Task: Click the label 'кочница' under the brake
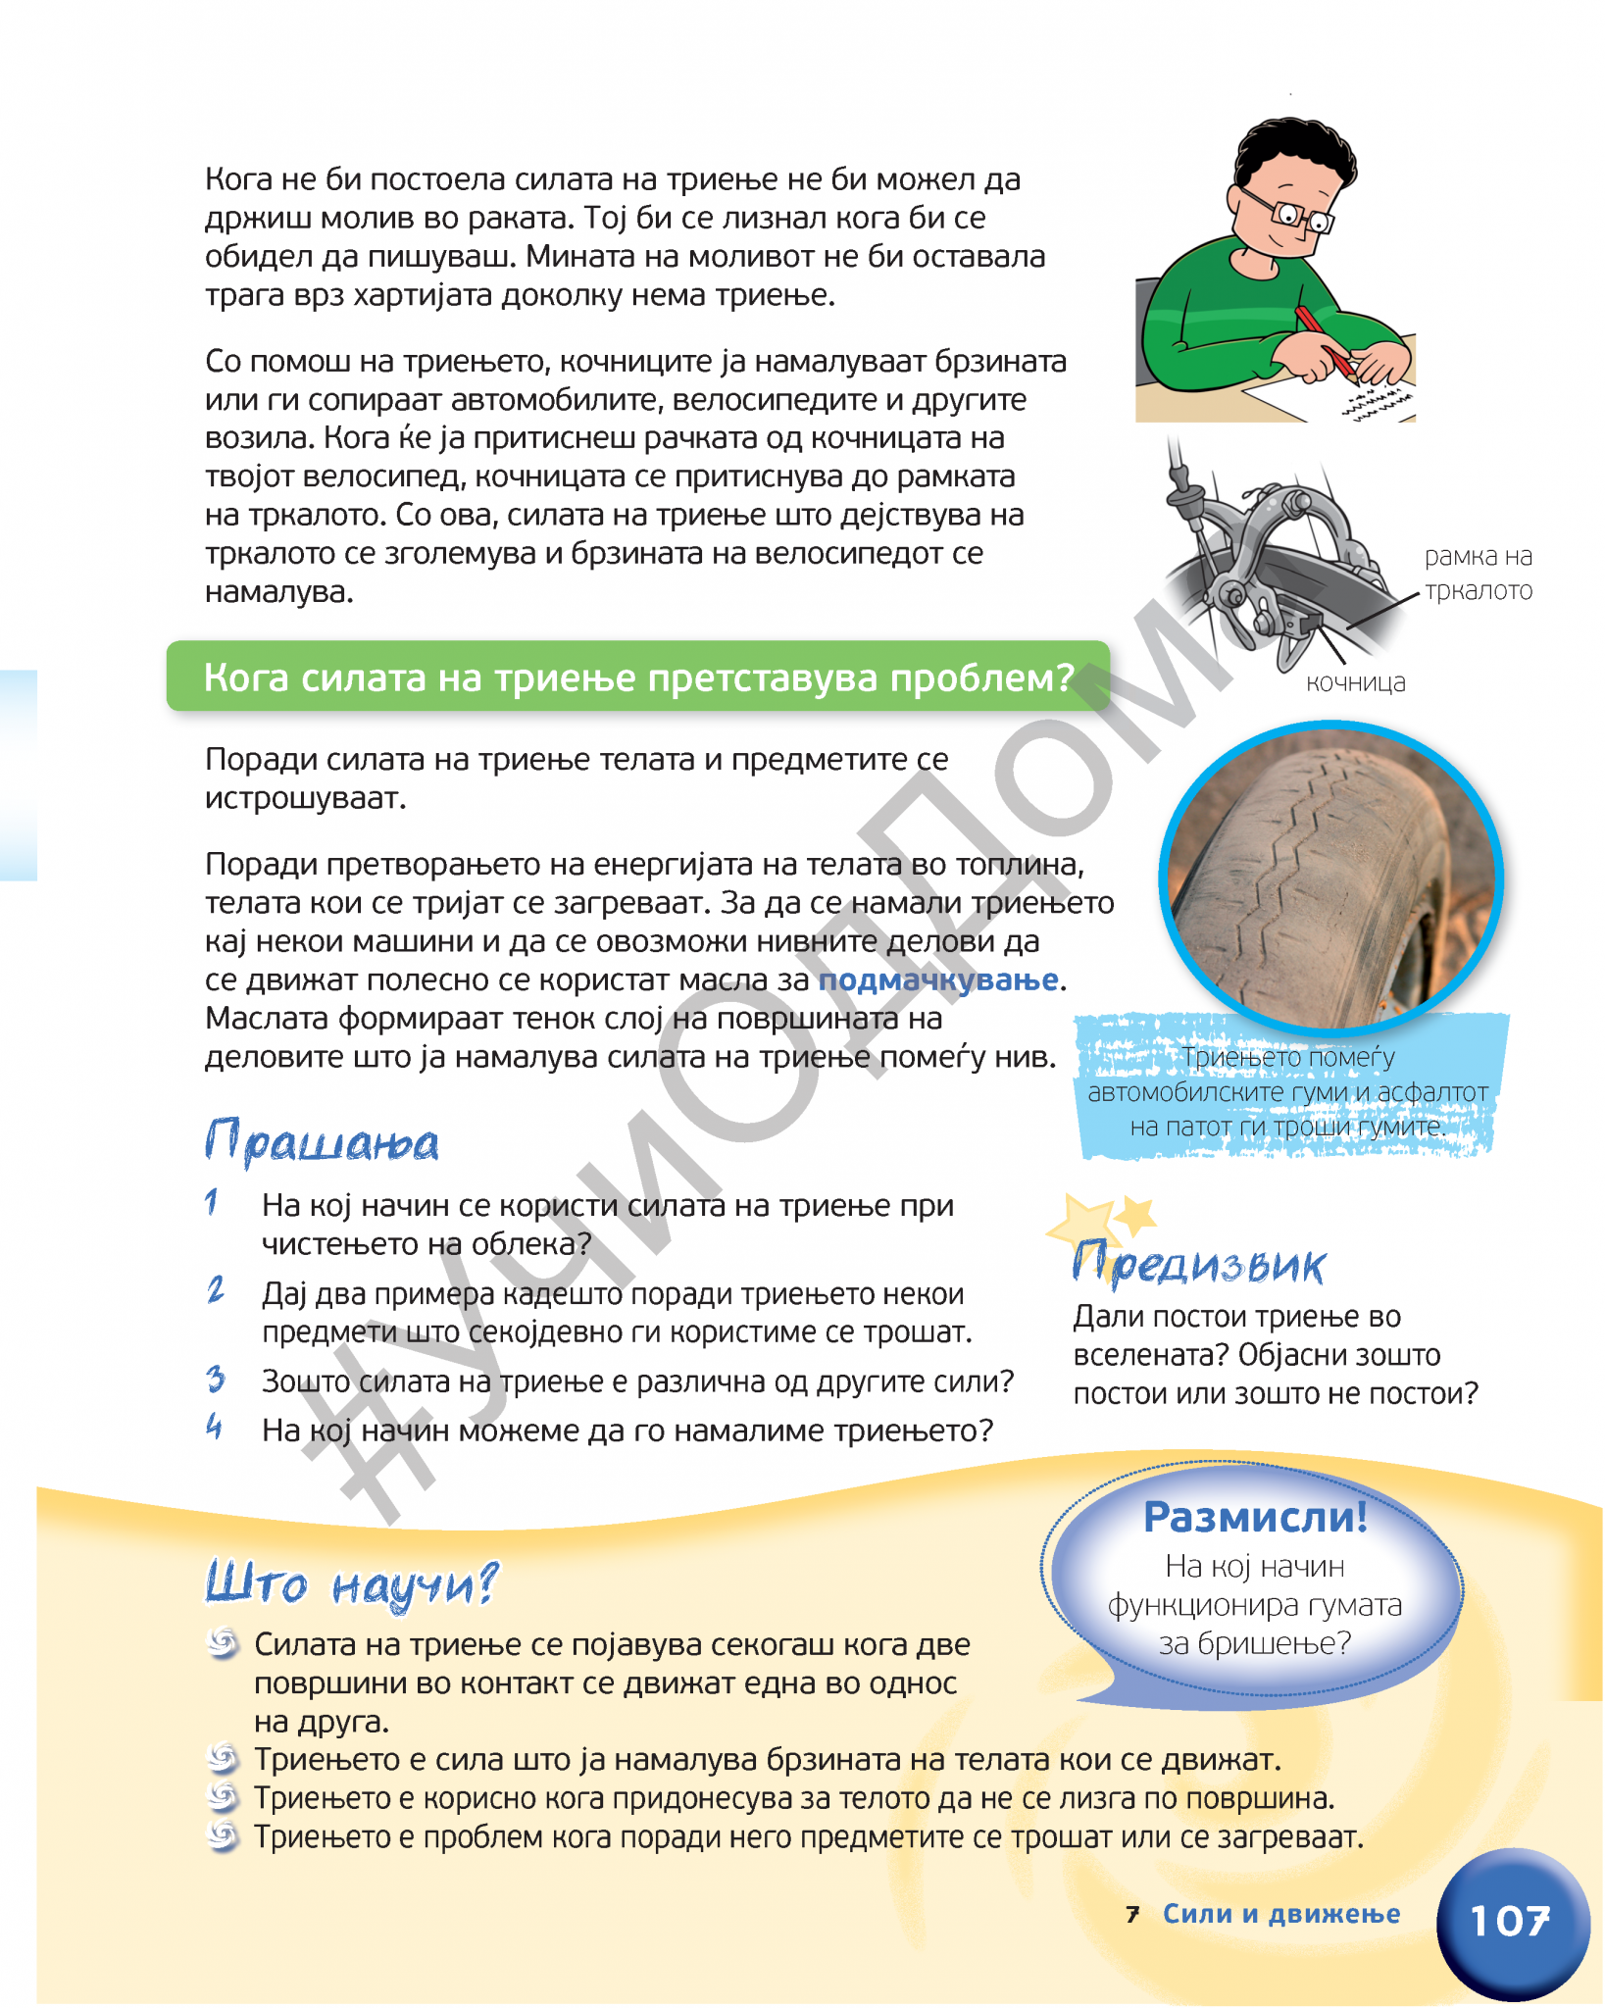click(x=1355, y=682)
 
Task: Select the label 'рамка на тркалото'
click(x=1478, y=574)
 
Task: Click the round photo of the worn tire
click(x=1330, y=878)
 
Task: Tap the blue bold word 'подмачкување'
click(x=938, y=979)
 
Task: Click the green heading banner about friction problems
click(x=638, y=678)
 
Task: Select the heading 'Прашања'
click(x=322, y=1143)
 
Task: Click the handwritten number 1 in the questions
click(x=212, y=1202)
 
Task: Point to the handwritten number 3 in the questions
click(x=216, y=1380)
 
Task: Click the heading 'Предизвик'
click(x=1198, y=1264)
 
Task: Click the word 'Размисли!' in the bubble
click(x=1255, y=1517)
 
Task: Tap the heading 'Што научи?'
click(x=351, y=1583)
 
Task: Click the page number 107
click(x=1510, y=1921)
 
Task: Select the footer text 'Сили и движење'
click(x=1280, y=1914)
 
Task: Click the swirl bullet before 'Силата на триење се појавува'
click(x=224, y=1643)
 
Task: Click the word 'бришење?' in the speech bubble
click(x=1254, y=1643)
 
